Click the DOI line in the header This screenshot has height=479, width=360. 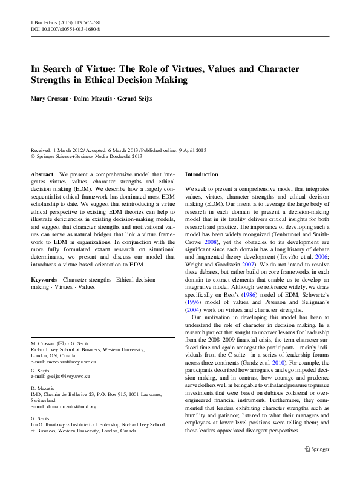tap(65, 28)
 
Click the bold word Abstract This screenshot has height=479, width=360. tap(42, 174)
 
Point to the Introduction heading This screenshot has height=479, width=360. tap(201, 174)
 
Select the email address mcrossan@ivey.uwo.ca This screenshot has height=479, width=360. tap(70, 362)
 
